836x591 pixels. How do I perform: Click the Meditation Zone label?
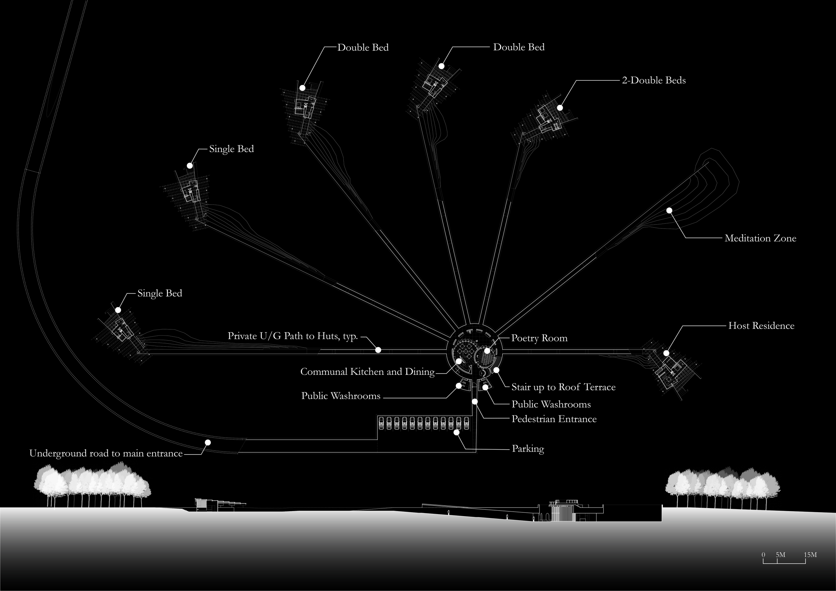(x=760, y=238)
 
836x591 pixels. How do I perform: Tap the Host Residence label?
(x=761, y=326)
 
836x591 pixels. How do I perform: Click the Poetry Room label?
(x=539, y=338)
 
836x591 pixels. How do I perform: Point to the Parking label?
(x=528, y=449)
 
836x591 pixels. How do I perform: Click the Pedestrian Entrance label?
(x=554, y=419)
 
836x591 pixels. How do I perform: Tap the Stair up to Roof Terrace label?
(x=563, y=387)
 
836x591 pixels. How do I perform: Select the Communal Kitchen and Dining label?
(x=368, y=372)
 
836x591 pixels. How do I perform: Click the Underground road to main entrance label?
(x=106, y=453)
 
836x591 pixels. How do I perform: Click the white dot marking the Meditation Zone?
(x=669, y=210)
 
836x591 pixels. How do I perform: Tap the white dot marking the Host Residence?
(x=666, y=353)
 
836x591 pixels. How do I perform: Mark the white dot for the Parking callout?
(x=456, y=433)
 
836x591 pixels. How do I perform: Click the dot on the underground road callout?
(x=208, y=443)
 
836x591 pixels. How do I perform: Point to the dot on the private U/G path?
(x=378, y=350)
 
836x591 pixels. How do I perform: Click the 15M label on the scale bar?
(x=810, y=555)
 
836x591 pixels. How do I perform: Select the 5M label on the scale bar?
(x=780, y=555)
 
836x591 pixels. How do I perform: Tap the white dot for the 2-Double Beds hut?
(x=560, y=108)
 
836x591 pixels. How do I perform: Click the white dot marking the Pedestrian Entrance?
(x=475, y=401)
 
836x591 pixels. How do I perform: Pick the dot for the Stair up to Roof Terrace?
(x=496, y=370)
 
